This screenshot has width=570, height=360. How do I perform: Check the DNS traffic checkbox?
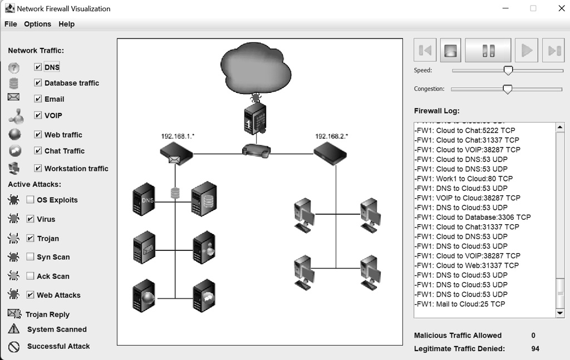pos(38,67)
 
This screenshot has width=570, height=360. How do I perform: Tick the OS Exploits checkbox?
pos(30,200)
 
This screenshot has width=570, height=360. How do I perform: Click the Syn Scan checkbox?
pos(30,257)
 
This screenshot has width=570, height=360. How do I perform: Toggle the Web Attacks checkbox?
pos(30,295)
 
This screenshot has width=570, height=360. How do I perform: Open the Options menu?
pos(37,24)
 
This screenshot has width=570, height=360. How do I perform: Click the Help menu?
pos(66,24)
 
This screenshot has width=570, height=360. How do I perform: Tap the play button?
pos(526,51)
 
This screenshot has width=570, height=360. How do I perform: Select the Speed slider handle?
pos(508,70)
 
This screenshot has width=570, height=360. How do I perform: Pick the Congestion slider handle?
pos(507,89)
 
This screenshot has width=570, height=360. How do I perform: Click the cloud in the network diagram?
pos(255,65)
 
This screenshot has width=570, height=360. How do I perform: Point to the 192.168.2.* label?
pos(331,136)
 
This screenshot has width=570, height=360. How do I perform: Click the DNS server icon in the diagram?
pos(144,199)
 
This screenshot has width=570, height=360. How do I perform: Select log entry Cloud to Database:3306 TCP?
pos(473,217)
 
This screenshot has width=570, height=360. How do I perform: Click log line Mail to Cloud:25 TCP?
pos(460,304)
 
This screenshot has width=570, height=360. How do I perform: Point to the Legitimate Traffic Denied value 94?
pos(535,349)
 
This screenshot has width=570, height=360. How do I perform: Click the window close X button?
pos(561,8)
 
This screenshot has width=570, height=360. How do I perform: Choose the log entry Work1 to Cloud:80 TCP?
pos(464,179)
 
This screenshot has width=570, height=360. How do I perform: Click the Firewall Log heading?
pos(436,111)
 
